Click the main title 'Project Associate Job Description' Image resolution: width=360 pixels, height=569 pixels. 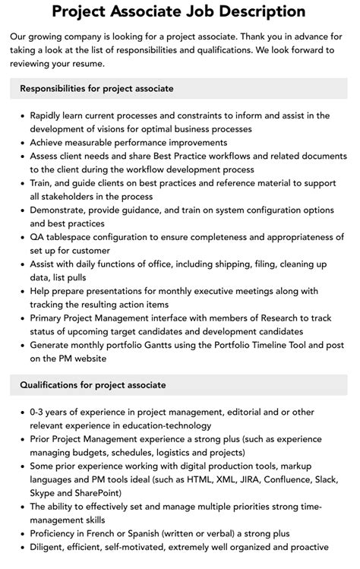(179, 11)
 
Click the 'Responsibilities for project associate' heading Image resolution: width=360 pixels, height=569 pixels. (97, 88)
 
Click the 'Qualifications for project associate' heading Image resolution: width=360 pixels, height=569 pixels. (93, 385)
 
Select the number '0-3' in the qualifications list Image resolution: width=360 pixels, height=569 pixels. (39, 413)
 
